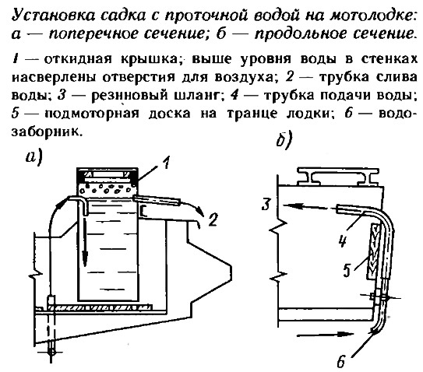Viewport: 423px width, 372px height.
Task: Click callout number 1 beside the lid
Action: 167,163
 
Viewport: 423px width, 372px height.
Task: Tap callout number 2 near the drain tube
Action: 213,219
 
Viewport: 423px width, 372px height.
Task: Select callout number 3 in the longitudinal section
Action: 266,204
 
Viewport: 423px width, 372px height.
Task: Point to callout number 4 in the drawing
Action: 342,240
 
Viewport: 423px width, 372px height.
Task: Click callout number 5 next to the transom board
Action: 347,270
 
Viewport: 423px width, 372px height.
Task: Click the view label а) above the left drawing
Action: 34,157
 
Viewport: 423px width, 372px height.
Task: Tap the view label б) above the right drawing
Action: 284,140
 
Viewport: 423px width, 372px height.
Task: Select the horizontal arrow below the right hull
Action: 325,335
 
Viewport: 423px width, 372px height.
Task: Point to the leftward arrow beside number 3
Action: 305,207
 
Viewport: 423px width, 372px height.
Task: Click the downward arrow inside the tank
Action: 85,238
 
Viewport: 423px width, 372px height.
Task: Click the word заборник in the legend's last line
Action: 46,132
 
